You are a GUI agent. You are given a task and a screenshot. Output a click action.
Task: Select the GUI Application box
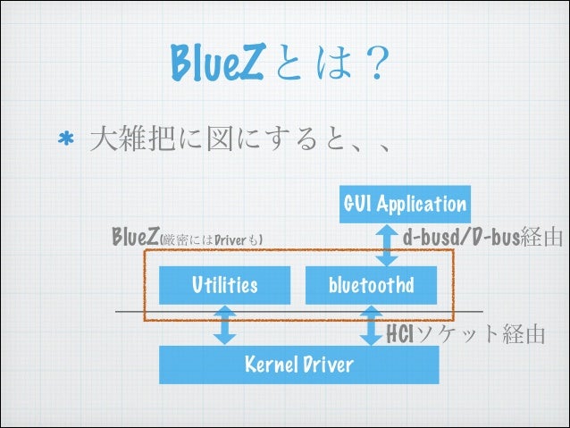405,205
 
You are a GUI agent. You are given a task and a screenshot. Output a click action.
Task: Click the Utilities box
224,285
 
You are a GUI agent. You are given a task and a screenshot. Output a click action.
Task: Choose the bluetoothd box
370,285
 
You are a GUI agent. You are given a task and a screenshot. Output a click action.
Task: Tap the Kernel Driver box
298,365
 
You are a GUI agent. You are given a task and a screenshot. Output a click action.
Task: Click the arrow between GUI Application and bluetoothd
386,244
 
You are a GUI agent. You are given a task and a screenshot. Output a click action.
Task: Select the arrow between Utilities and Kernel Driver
225,325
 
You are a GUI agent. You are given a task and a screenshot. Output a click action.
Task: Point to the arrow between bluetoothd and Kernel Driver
370,325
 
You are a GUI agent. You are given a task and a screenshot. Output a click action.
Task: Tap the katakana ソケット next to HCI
457,335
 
